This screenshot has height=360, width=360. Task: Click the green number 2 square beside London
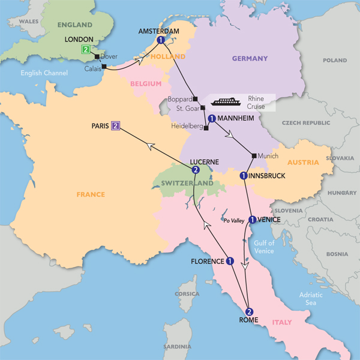[86, 50]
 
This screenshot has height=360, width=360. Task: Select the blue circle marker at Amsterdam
[161, 40]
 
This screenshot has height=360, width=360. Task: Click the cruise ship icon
[226, 101]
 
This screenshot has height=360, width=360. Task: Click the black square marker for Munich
[254, 156]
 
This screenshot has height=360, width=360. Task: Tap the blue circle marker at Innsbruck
[243, 175]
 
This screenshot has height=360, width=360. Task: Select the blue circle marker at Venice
[253, 219]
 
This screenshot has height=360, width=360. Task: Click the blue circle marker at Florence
[230, 261]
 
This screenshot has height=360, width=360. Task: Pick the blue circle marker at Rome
[249, 311]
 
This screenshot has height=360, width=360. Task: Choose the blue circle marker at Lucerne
[195, 170]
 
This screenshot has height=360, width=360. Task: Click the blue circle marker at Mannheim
[212, 119]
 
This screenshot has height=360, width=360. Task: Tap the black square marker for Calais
[104, 67]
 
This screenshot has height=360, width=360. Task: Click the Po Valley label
[235, 221]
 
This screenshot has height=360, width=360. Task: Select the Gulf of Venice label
[264, 247]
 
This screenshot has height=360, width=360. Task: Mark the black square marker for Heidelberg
[206, 128]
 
